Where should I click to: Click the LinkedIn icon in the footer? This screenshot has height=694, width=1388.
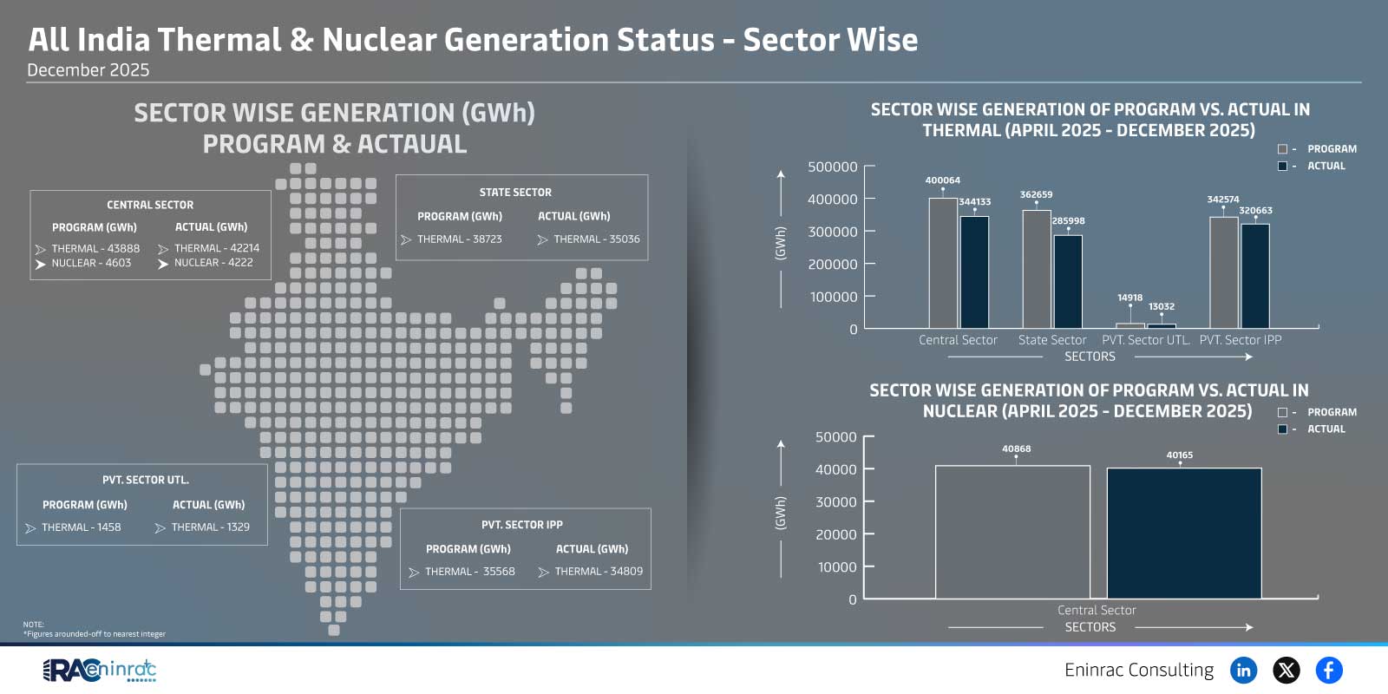[x=1243, y=670]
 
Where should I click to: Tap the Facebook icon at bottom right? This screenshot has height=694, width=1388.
[x=1328, y=670]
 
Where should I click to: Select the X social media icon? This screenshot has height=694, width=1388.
[x=1286, y=670]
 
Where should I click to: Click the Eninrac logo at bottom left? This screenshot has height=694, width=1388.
[x=99, y=670]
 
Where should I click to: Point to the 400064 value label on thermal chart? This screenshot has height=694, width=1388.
[x=942, y=180]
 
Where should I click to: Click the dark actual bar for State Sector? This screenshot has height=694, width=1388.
[x=1067, y=282]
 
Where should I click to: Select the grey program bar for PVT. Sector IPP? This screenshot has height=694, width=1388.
[x=1223, y=272]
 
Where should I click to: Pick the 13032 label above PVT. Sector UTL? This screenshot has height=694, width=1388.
[x=1161, y=306]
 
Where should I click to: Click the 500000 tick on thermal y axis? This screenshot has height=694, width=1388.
[x=832, y=167]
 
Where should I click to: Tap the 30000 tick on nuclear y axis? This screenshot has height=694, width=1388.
[x=835, y=502]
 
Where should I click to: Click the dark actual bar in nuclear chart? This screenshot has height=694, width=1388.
[x=1183, y=534]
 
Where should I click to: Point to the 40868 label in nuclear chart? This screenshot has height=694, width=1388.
[x=1016, y=448]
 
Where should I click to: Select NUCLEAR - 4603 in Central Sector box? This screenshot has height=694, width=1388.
[x=91, y=263]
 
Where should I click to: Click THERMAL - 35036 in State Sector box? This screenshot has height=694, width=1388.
[x=596, y=239]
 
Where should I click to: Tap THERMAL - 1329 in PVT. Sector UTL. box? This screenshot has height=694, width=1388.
[x=210, y=527]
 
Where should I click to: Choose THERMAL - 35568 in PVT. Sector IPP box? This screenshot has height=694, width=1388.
[x=469, y=572]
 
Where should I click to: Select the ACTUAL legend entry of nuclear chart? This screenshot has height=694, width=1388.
[x=1325, y=429]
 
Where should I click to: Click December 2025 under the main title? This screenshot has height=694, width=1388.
[x=88, y=70]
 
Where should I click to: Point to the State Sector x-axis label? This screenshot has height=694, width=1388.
[x=1051, y=340]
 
